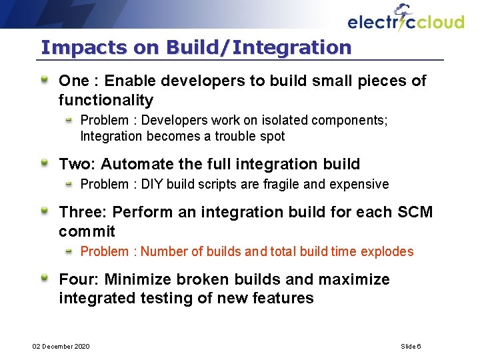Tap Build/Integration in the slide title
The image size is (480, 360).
click(259, 48)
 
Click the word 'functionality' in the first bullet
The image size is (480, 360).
click(106, 101)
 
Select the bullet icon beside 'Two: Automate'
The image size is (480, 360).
click(44, 163)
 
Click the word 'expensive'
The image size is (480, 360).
click(362, 184)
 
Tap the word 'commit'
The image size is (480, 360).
click(87, 232)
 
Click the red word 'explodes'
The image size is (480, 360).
click(387, 252)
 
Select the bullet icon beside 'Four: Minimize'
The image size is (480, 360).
click(44, 279)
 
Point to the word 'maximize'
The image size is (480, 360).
click(357, 279)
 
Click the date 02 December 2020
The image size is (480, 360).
click(61, 346)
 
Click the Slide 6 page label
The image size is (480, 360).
click(411, 346)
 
